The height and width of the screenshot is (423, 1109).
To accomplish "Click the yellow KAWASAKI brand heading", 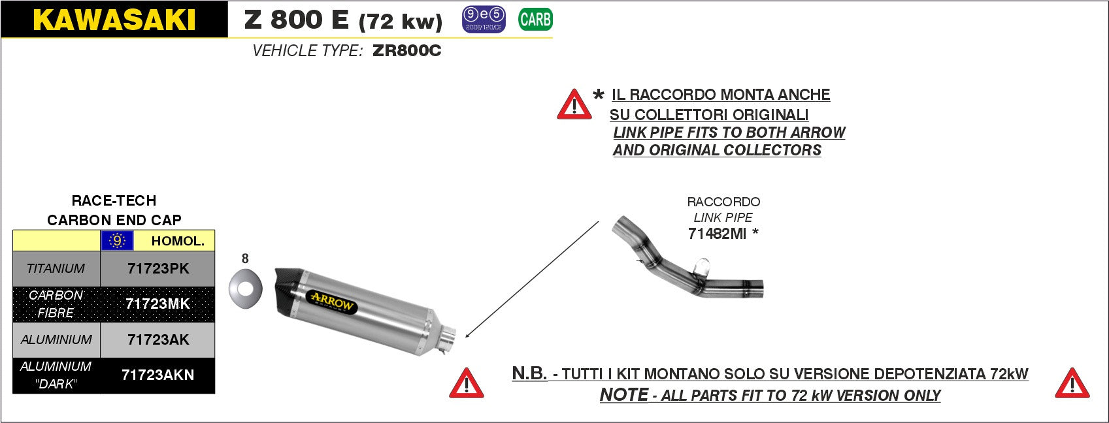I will coord(114,20).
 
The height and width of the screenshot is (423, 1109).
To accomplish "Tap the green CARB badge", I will coord(535,20).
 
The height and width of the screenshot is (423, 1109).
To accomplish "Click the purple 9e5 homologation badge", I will coord(484,20).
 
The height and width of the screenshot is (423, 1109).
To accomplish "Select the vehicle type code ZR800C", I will coord(406,51).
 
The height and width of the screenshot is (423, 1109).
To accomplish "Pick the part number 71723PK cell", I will coord(157,268).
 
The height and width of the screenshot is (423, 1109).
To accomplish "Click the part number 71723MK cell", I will coord(157,304).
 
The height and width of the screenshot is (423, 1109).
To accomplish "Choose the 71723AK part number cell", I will coord(157,339).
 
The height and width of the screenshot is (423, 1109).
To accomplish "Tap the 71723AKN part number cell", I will coord(157,375).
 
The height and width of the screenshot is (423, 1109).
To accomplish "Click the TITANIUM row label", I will coord(56,268).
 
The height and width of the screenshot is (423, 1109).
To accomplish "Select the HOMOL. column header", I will coord(177,241).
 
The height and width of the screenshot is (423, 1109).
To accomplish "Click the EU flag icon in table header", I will coord(117,241).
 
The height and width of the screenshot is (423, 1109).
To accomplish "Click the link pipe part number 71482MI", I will coord(717,234).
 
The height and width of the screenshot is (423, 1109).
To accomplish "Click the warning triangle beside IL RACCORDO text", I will coord(574,105).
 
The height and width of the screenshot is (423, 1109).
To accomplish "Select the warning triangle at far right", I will coord(1072,384).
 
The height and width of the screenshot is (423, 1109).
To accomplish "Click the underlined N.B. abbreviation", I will coord(529,373).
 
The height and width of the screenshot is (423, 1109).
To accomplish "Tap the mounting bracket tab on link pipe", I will coord(700,266).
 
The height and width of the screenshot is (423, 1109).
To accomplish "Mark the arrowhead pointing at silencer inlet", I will coord(467,335).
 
